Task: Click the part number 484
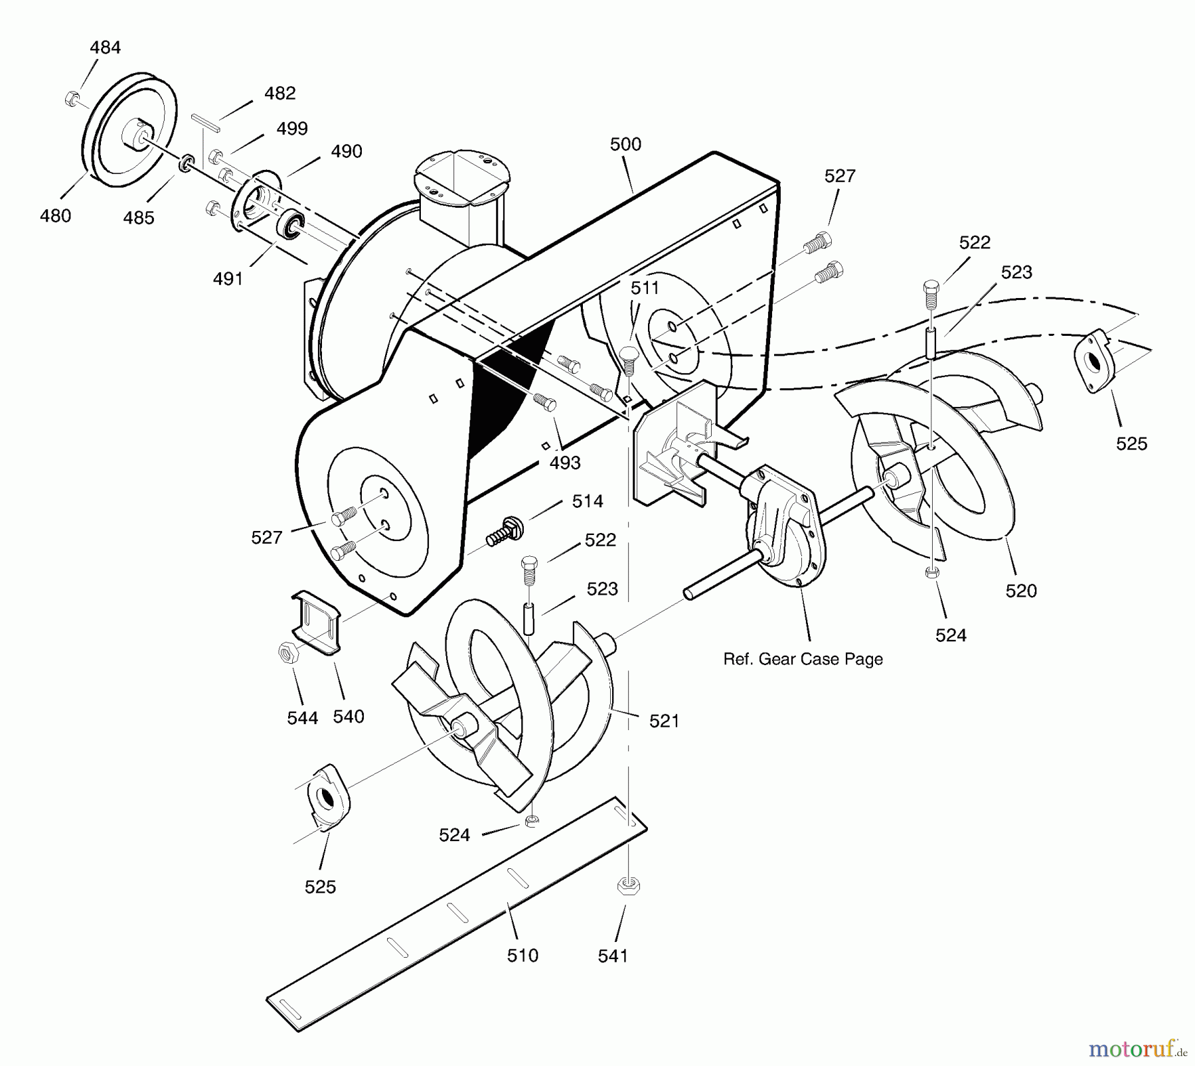coord(106,48)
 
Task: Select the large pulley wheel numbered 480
coord(129,137)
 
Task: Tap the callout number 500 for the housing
coord(625,144)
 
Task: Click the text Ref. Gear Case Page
coord(803,659)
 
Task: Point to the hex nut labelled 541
coord(628,885)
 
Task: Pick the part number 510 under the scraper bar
coord(522,956)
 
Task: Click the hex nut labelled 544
coord(287,652)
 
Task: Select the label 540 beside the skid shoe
coord(349,716)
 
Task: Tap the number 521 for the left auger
coord(664,721)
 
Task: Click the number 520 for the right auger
coord(1021,591)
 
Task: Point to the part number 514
coord(588,501)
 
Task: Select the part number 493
coord(565,463)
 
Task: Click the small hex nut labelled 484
coord(72,100)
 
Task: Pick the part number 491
coord(228,279)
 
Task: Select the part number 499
coord(292,128)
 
